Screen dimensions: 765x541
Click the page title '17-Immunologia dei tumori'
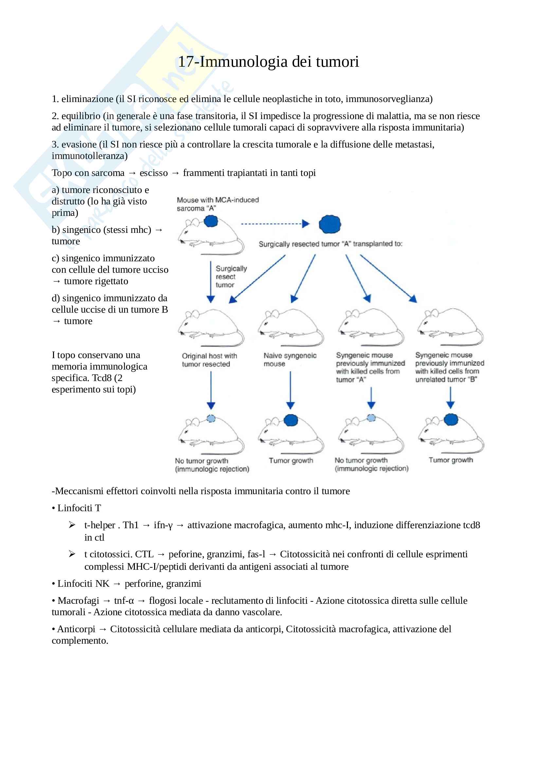click(268, 61)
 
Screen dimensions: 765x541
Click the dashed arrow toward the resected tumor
click(275, 224)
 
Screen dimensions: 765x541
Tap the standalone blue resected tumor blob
click(330, 224)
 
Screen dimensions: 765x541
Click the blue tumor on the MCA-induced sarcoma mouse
click(211, 221)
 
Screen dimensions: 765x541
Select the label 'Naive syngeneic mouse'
click(290, 359)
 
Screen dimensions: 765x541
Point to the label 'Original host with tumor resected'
click(209, 360)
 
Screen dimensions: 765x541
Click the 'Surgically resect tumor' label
click(231, 277)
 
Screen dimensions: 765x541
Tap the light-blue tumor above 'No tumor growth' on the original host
click(211, 419)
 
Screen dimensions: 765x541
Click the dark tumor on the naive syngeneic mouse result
click(291, 420)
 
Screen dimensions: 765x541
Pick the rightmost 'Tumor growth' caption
click(451, 460)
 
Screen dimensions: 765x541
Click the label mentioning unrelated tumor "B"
click(449, 367)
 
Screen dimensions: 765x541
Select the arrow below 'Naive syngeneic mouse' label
click(290, 390)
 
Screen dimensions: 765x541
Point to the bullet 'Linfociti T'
click(79, 508)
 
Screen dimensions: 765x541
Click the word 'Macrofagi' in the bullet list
click(78, 600)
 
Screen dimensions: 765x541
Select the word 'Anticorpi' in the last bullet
click(76, 629)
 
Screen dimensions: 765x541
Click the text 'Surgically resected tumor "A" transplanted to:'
click(330, 244)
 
